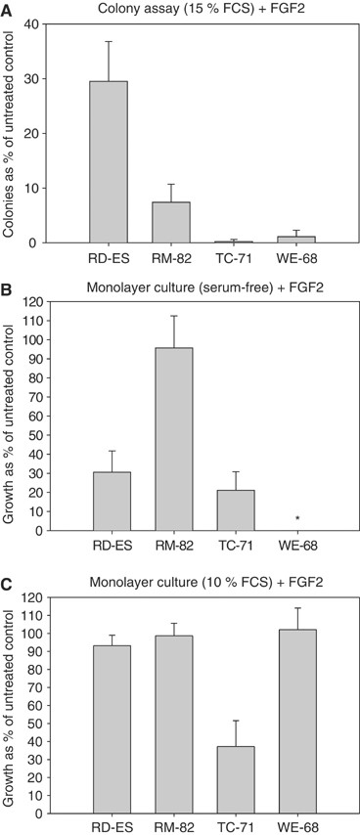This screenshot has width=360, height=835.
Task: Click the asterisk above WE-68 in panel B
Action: click(x=296, y=519)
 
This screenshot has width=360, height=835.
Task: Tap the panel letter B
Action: click(x=8, y=290)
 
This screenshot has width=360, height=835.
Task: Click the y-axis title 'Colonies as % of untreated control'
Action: click(x=11, y=133)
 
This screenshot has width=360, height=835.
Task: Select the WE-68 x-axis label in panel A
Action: click(x=296, y=261)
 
